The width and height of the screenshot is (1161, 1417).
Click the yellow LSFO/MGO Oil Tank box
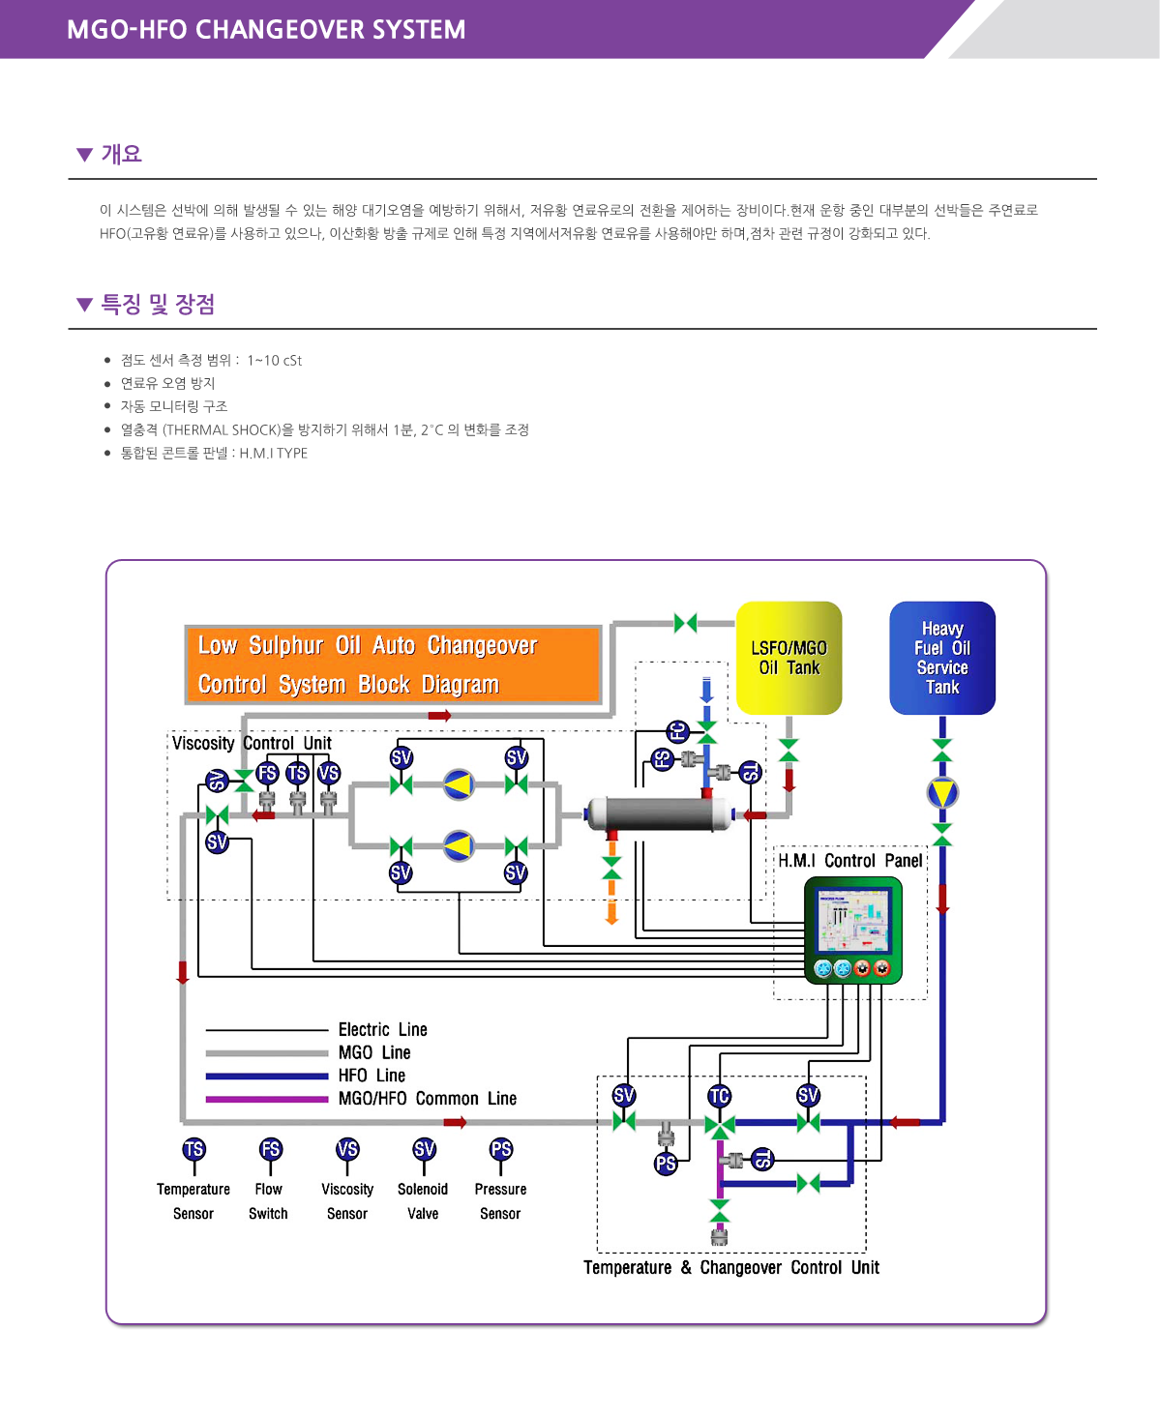[x=789, y=658]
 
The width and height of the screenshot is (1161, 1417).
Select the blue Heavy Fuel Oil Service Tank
[x=941, y=658]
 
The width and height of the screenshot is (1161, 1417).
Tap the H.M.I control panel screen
[x=852, y=922]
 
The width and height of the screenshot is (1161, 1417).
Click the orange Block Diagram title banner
[x=393, y=664]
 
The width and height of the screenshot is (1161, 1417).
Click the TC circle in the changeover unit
[x=719, y=1096]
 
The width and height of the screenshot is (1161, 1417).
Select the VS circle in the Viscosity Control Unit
[x=329, y=773]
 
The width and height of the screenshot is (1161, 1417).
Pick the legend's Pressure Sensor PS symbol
[x=500, y=1149]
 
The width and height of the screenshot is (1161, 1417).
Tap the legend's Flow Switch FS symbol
[x=270, y=1149]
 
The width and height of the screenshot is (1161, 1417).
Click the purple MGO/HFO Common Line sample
[x=267, y=1099]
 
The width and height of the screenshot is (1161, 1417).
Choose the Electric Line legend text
[x=382, y=1029]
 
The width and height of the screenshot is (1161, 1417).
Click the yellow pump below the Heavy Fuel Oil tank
[x=942, y=793]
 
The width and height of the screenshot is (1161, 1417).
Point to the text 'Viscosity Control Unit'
[x=252, y=743]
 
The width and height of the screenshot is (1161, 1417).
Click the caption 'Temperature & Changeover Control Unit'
[x=731, y=1267]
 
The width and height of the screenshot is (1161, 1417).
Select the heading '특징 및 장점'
[x=158, y=305]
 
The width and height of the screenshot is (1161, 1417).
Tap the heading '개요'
[x=122, y=154]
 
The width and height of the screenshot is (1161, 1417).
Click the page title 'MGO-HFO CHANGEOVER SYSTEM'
[x=266, y=30]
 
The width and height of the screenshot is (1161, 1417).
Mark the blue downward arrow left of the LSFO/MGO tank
[x=707, y=690]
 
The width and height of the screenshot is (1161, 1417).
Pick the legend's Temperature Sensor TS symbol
[x=193, y=1149]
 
